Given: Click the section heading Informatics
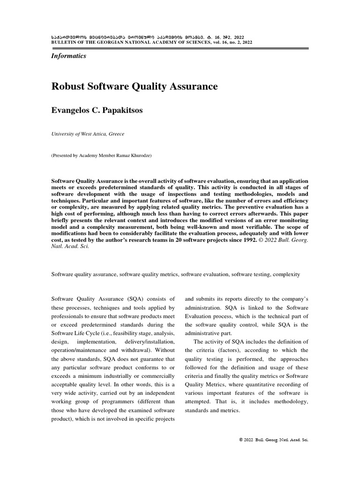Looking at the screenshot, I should click(68, 56).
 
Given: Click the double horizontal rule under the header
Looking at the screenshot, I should click(180, 48).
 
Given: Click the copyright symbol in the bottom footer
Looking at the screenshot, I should click(241, 440).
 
